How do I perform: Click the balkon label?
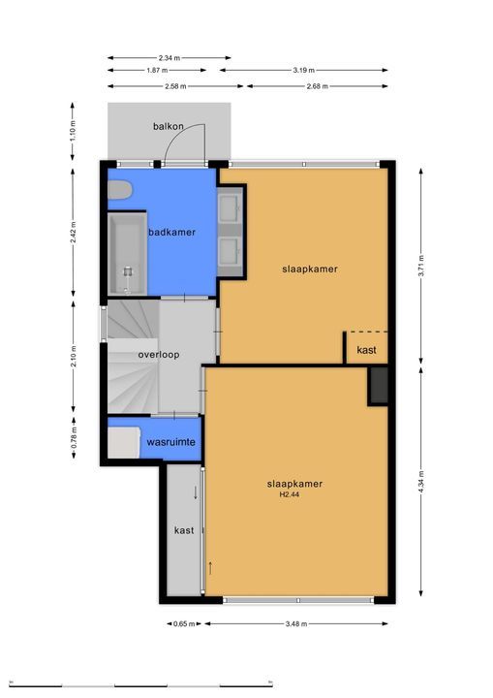[169, 127]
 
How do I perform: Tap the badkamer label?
[172, 232]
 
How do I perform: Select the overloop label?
[158, 355]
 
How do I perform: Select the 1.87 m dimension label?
[156, 71]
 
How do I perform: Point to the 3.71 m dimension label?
[420, 274]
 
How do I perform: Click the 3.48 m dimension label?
[296, 623]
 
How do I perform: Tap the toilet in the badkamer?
[118, 190]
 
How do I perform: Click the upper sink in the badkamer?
[231, 207]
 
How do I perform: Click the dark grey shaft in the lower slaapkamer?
[378, 385]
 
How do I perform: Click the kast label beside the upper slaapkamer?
[367, 349]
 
